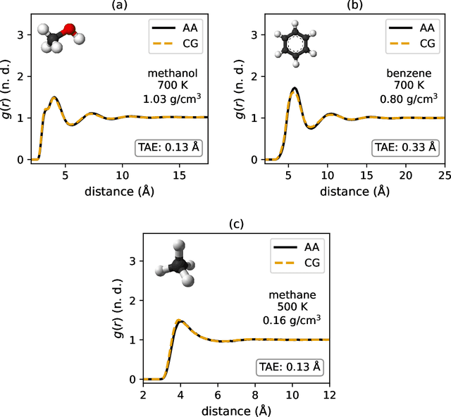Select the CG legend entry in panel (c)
click(x=299, y=263)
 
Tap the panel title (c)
click(x=236, y=225)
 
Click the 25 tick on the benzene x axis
click(x=444, y=173)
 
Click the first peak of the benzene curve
click(x=294, y=89)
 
